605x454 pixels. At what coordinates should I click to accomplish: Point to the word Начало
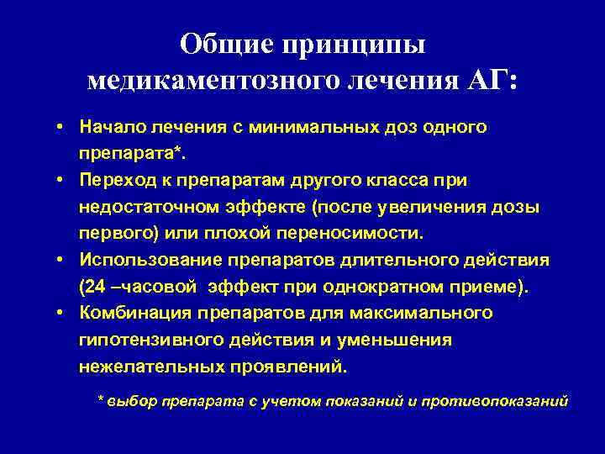pyautogui.click(x=111, y=128)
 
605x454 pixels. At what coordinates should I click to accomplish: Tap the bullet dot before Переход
pyautogui.click(x=63, y=180)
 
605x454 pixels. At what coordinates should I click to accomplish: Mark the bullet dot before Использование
pyautogui.click(x=63, y=261)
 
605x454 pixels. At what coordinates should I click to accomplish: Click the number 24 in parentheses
pyautogui.click(x=96, y=288)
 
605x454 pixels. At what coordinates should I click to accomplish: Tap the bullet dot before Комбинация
pyautogui.click(x=63, y=314)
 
